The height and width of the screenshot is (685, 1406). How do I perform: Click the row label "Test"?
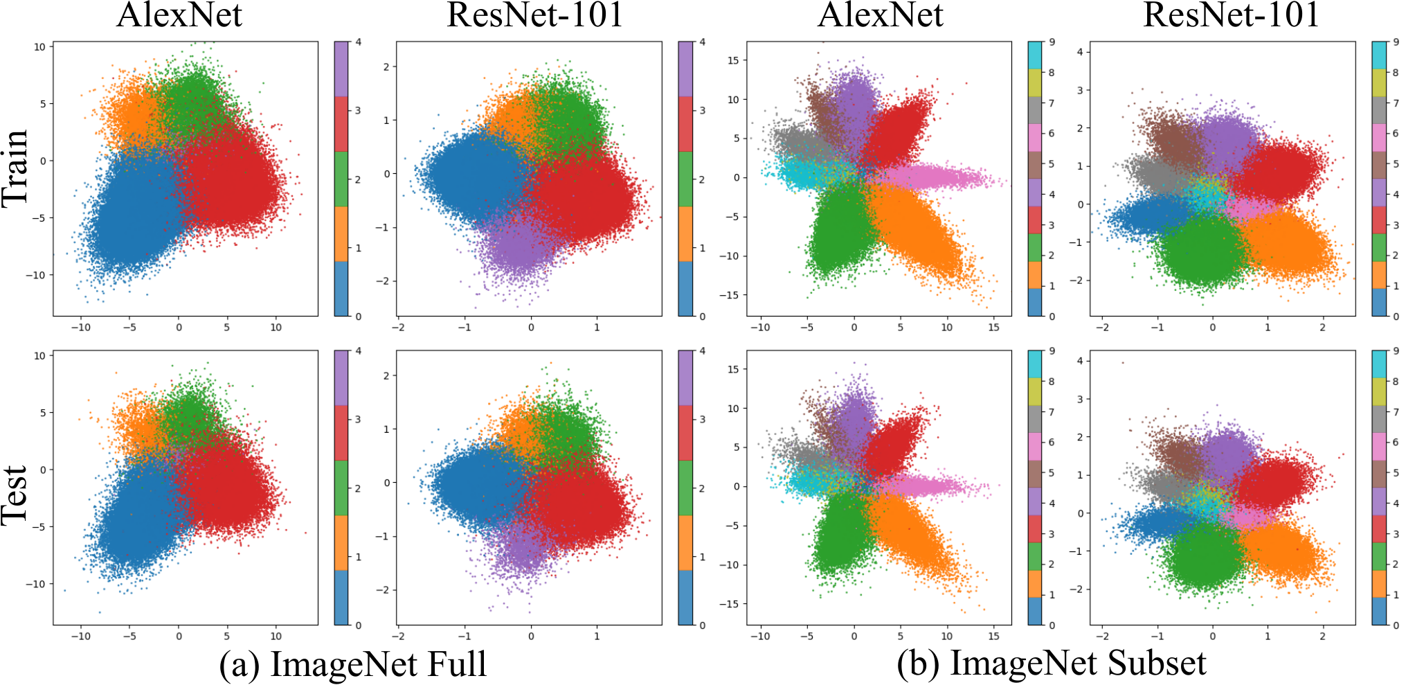(x=15, y=495)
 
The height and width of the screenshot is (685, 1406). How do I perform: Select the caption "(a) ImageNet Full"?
(x=353, y=664)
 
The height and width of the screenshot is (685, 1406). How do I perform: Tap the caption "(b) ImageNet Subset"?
(x=1052, y=664)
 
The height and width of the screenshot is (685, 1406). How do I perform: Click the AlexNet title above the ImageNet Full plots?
(x=179, y=15)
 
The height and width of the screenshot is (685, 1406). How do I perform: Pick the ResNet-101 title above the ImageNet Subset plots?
(x=1231, y=15)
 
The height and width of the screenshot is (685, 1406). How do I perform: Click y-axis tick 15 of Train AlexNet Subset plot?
(x=733, y=60)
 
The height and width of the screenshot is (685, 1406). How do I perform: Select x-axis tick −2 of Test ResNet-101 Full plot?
(x=399, y=636)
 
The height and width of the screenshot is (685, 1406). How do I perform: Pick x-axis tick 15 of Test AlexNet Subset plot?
(x=993, y=636)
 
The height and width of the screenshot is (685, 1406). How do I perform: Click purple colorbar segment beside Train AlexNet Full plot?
(x=341, y=69)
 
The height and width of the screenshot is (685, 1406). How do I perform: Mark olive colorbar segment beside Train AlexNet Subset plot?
(x=1036, y=83)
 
